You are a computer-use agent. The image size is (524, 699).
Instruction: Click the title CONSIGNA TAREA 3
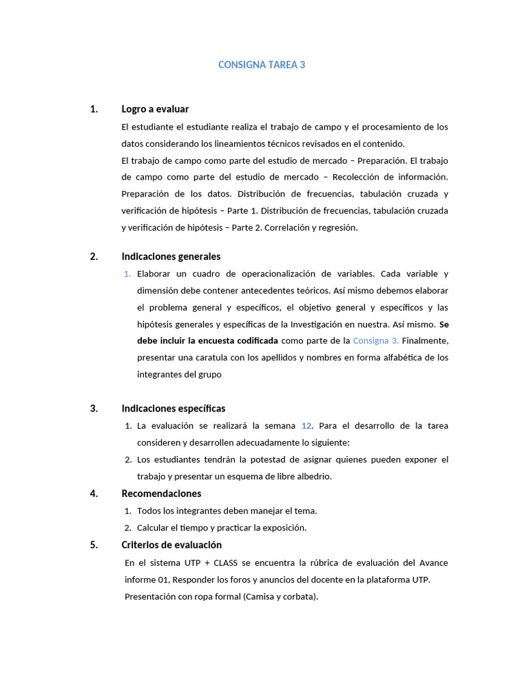click(262, 65)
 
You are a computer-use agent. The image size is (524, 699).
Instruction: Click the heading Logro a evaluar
click(155, 109)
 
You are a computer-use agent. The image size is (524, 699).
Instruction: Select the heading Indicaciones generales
click(171, 257)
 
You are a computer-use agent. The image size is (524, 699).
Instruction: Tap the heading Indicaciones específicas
click(173, 408)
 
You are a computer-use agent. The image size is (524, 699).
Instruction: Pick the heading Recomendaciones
click(161, 494)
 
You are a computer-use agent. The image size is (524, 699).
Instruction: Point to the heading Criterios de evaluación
click(171, 545)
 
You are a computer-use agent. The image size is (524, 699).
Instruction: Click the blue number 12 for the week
click(306, 426)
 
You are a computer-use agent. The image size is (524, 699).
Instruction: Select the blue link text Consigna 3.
click(375, 341)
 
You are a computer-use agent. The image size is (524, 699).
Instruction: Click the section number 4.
click(93, 494)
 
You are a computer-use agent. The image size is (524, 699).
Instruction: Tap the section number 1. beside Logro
click(93, 109)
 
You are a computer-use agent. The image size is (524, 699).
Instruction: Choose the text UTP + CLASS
click(207, 563)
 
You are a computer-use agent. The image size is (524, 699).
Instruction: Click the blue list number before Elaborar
click(128, 274)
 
